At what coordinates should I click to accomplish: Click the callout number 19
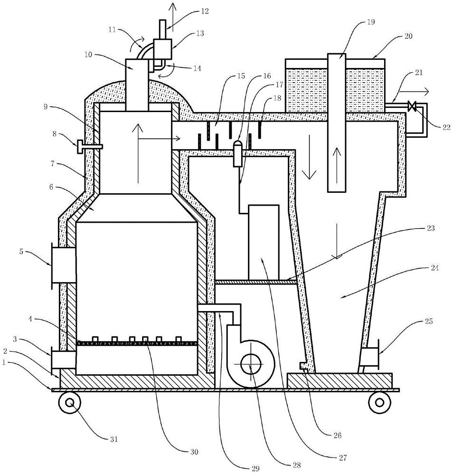[371, 22]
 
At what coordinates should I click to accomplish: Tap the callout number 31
[113, 439]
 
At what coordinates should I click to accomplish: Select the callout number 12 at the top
[205, 11]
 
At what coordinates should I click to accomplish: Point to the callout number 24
[435, 267]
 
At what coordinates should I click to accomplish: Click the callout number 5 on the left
[21, 251]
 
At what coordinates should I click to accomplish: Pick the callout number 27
[343, 457]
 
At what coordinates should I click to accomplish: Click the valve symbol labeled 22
[412, 106]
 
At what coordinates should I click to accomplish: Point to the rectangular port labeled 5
[63, 266]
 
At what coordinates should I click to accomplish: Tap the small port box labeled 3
[63, 360]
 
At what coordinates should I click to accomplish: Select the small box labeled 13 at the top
[163, 49]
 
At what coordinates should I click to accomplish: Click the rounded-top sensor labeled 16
[238, 153]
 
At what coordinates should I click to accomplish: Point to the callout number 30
[194, 452]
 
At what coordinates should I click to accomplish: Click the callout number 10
[88, 55]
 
